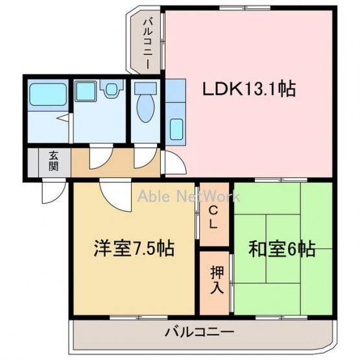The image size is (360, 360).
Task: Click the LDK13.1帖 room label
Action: (249, 89)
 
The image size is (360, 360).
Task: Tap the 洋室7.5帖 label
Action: (134, 248)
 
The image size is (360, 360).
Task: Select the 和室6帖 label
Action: (282, 248)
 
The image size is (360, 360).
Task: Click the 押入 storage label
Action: (217, 280)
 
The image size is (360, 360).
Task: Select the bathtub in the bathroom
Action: (48, 94)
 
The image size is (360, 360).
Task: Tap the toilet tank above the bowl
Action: (145, 88)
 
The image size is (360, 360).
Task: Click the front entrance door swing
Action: (53, 191)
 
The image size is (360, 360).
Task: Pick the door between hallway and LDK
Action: (173, 162)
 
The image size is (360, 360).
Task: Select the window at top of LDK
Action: (245, 8)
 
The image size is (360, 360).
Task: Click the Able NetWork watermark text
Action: (189, 197)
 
